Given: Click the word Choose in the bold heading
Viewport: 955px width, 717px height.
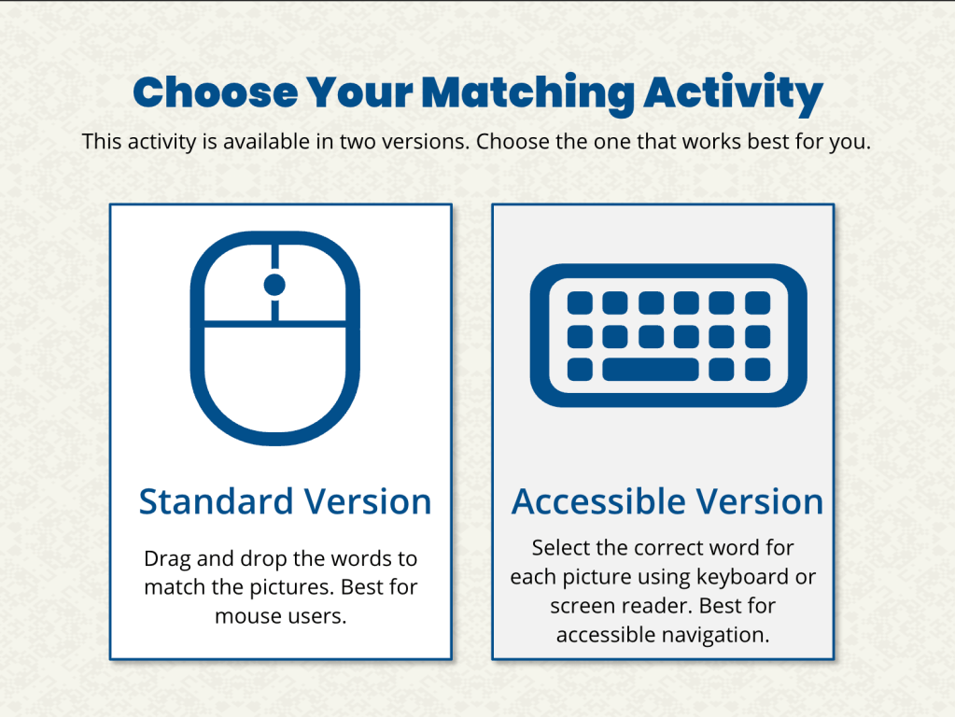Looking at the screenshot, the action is click(x=216, y=92).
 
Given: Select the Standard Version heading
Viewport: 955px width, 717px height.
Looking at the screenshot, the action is click(x=285, y=501).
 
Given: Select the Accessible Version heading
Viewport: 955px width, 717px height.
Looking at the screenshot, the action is click(x=667, y=501).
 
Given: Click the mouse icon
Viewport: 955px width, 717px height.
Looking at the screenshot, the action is click(x=275, y=338).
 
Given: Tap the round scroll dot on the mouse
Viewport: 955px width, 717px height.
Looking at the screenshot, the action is click(x=274, y=285).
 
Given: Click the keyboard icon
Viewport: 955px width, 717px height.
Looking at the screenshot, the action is click(x=668, y=335).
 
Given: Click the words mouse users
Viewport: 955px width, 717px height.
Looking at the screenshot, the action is click(x=281, y=616).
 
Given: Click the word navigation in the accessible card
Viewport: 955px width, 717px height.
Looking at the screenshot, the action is click(x=715, y=636).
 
